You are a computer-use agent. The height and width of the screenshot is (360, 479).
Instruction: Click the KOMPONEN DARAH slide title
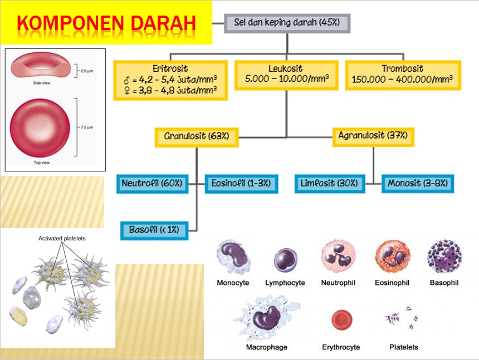[x=106, y=24]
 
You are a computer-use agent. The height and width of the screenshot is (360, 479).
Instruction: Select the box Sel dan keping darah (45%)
[x=287, y=23]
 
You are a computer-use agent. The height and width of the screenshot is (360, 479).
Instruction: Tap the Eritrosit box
[x=170, y=79]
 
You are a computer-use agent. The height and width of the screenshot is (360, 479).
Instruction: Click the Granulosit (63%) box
[x=197, y=136]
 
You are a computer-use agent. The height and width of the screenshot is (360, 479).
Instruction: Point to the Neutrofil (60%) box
[x=154, y=183]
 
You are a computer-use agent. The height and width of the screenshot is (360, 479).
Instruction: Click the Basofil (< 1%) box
[x=154, y=229]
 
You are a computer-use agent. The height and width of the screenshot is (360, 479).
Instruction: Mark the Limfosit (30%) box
[x=330, y=183]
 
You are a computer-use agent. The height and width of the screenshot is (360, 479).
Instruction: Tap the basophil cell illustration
[x=444, y=258]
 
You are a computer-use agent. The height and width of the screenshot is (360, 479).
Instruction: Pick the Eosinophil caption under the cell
[x=393, y=283]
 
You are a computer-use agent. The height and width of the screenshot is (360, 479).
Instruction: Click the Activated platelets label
[x=62, y=238]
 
